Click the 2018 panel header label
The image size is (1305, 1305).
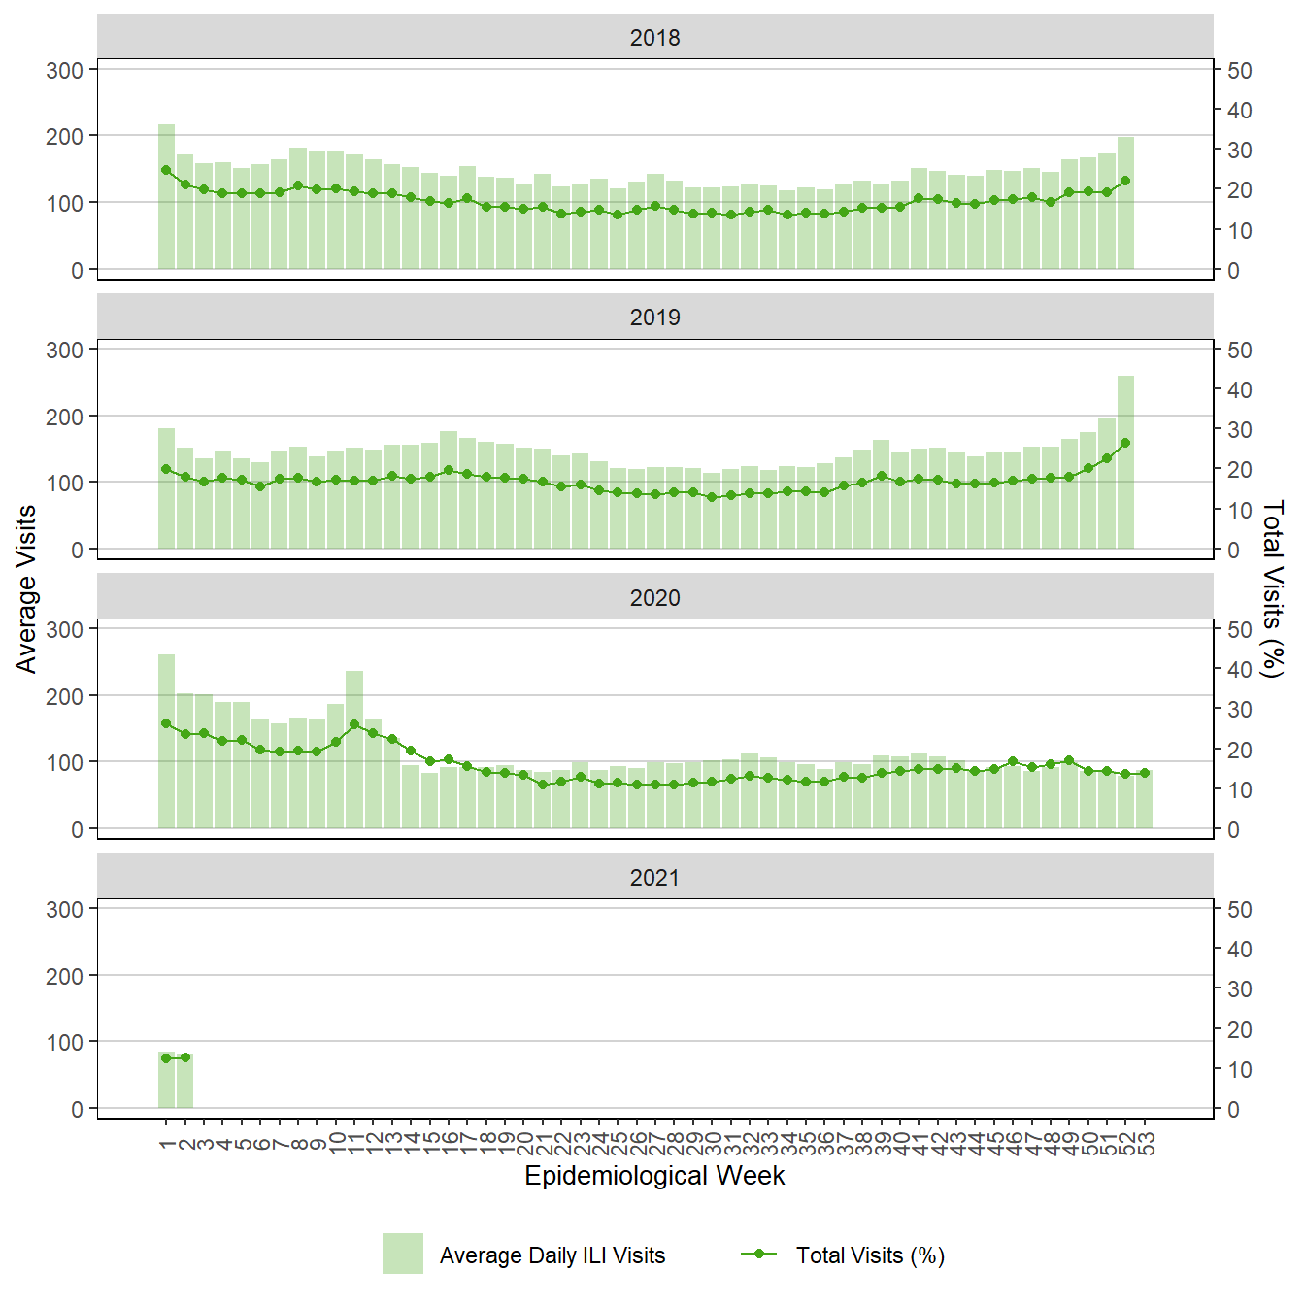coord(654,38)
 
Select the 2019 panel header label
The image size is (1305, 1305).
coord(654,318)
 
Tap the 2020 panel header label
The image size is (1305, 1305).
coord(654,597)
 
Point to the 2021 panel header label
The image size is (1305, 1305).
coord(654,877)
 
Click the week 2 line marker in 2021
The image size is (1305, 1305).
coord(185,1057)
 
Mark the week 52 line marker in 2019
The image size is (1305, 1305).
coord(1125,443)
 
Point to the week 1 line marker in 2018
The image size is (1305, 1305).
coord(166,170)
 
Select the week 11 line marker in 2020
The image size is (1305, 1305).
coord(354,724)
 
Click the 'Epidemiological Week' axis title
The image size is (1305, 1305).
coord(654,1176)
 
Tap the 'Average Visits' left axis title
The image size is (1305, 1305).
coord(26,588)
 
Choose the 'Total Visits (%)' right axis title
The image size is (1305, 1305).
coord(1272,588)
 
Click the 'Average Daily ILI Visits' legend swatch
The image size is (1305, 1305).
coord(402,1254)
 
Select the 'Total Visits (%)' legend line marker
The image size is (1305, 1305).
coord(759,1254)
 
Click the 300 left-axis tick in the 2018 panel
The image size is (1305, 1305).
coord(65,70)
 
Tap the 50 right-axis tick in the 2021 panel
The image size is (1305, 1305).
coord(1239,910)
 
